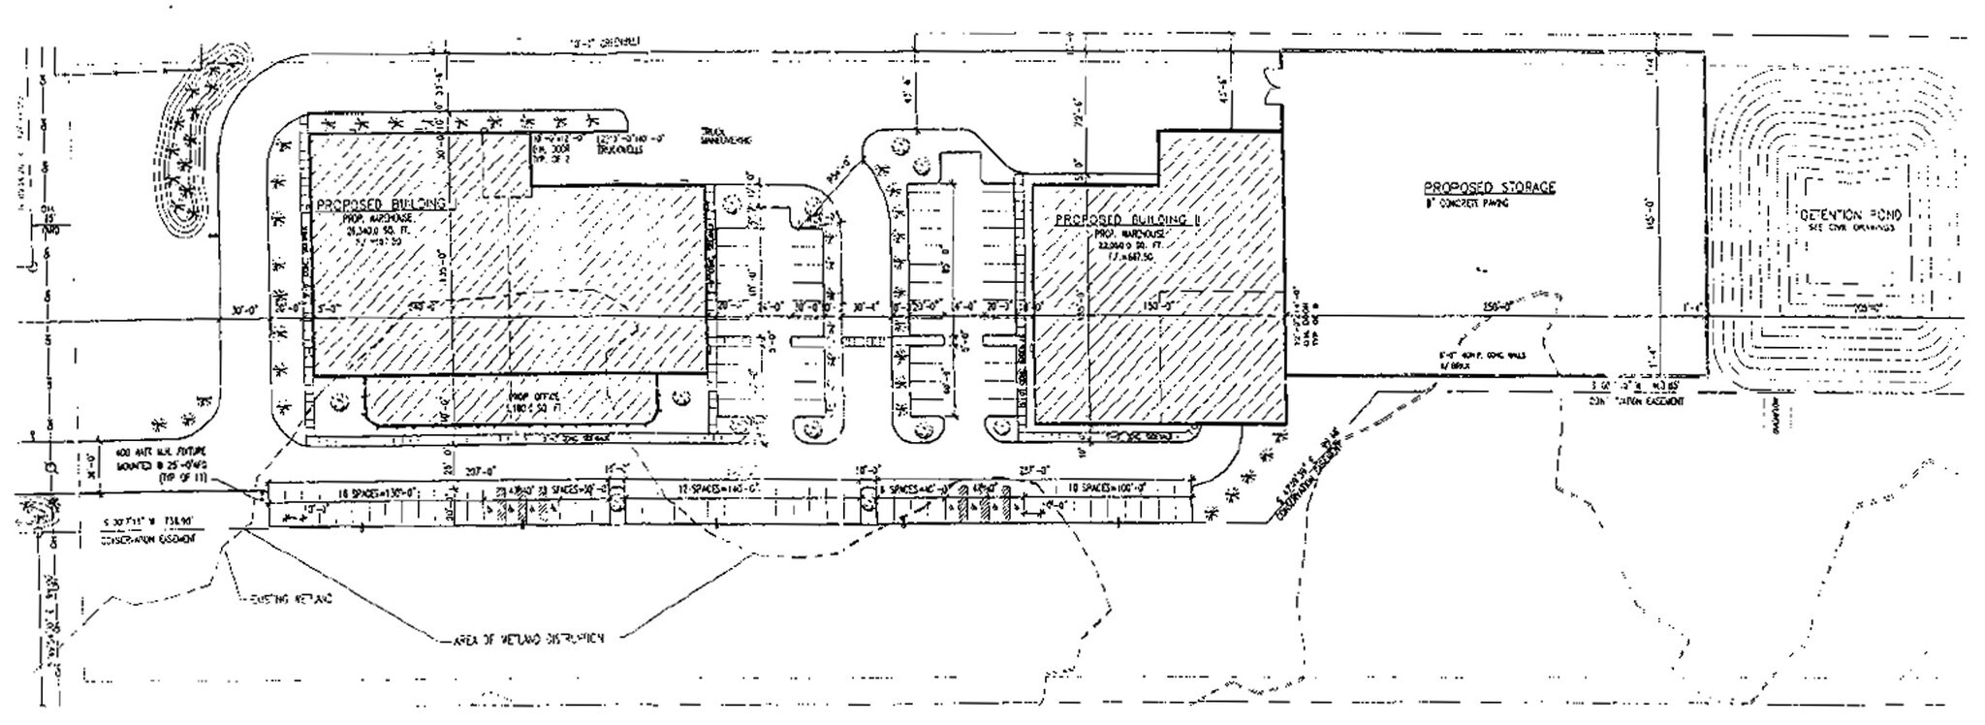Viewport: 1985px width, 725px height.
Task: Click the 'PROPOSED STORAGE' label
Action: point(1489,187)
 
